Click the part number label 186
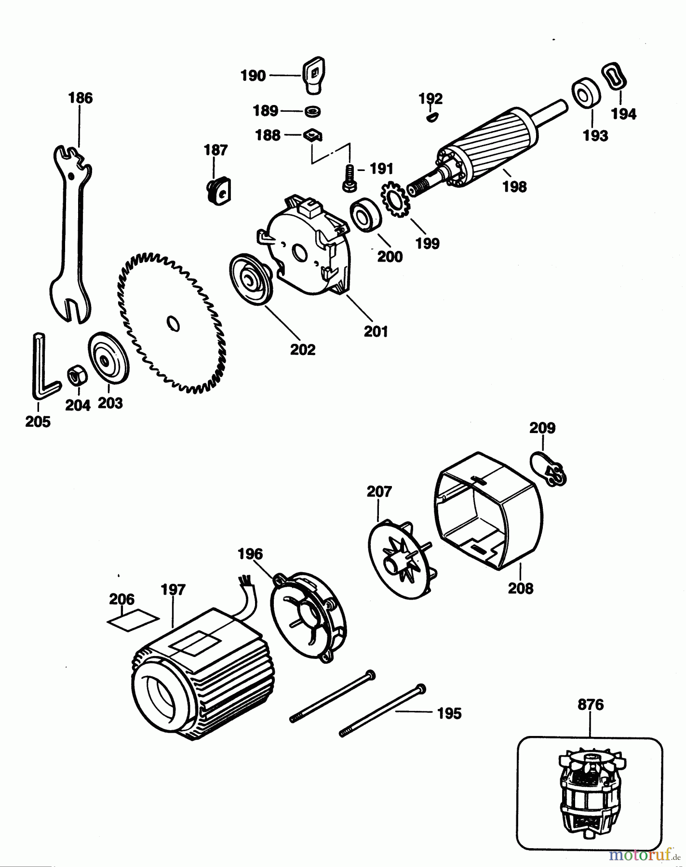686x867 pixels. click(81, 98)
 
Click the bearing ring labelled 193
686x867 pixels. click(586, 92)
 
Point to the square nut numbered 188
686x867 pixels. click(312, 136)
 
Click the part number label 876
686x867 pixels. click(591, 705)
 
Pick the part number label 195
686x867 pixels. click(449, 713)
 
